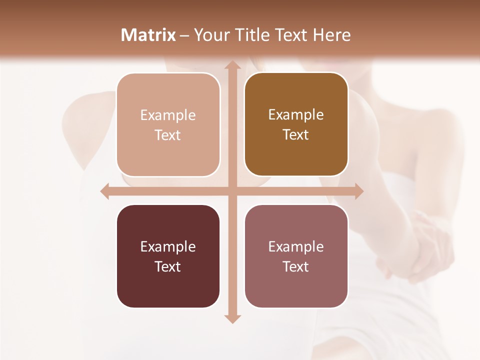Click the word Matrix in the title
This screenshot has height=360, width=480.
pyautogui.click(x=148, y=35)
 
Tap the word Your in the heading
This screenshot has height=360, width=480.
pyautogui.click(x=210, y=35)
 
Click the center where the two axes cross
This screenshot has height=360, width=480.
pyautogui.click(x=231, y=191)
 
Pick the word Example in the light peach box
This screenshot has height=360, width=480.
pyautogui.click(x=168, y=115)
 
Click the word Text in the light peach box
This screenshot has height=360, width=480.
pyautogui.click(x=168, y=135)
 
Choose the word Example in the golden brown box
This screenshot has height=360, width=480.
pyautogui.click(x=296, y=114)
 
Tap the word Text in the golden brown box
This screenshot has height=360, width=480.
pyautogui.click(x=296, y=134)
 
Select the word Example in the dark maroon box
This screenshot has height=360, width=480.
pyautogui.click(x=168, y=246)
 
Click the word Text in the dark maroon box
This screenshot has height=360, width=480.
pyautogui.click(x=168, y=266)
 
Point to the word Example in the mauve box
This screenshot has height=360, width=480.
pyautogui.click(x=296, y=246)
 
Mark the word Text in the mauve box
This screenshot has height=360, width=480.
pyautogui.click(x=296, y=266)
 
